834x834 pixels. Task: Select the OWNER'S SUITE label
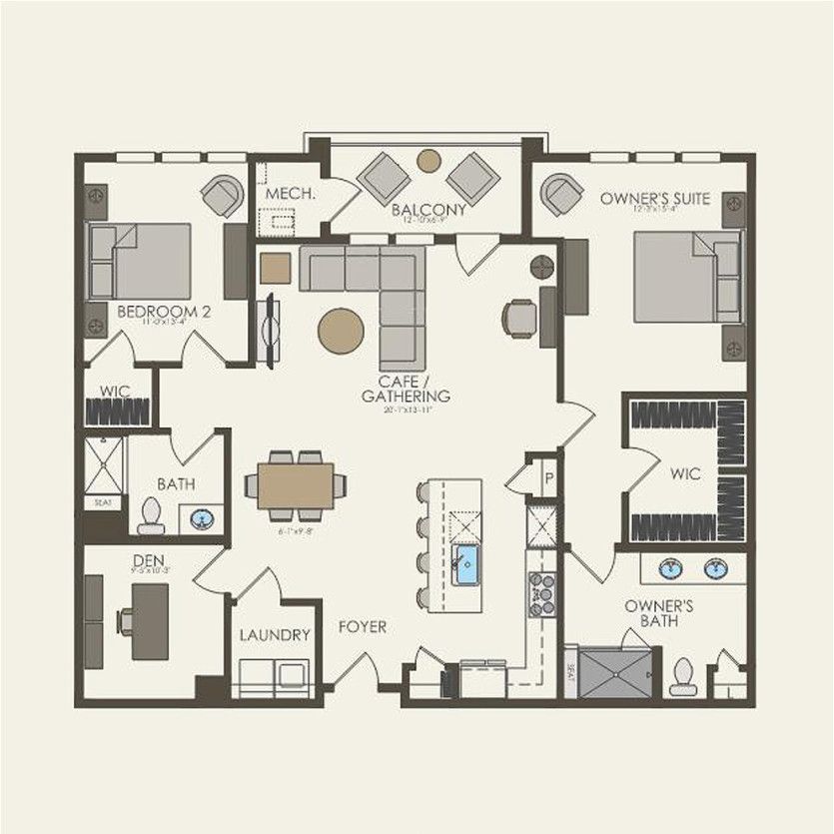(655, 199)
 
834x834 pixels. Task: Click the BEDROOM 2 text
(164, 312)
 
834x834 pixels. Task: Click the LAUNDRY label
(275, 634)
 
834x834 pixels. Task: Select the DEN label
(148, 561)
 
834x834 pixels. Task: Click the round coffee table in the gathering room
(342, 330)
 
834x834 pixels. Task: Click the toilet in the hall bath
(151, 513)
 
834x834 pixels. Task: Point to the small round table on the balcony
(428, 160)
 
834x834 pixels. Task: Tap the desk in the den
(151, 621)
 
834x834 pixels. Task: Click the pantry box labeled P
(547, 477)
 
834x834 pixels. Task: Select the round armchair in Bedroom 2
(222, 196)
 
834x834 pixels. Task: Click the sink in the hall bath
(202, 518)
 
